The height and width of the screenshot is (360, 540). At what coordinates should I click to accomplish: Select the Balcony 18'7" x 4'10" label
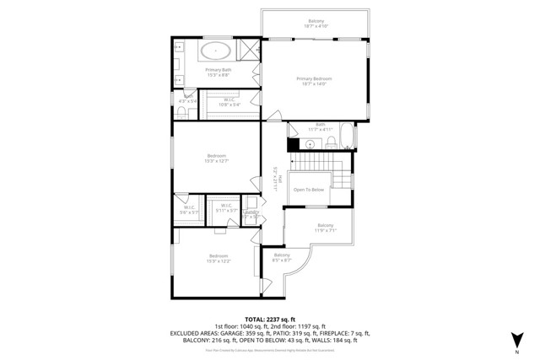point(315,24)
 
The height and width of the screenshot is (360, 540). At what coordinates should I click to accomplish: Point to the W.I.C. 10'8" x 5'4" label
point(229,102)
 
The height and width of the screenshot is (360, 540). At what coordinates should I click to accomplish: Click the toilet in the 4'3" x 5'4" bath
point(182,113)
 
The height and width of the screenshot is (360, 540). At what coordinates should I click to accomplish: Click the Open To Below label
point(309,190)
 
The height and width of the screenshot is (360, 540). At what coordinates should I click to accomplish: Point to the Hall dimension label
point(275,180)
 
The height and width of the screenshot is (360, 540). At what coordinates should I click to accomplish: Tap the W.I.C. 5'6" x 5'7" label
point(189,210)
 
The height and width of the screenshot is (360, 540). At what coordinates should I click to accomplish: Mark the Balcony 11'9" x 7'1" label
point(326,227)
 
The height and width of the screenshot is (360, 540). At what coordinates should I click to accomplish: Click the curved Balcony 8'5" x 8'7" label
point(282,257)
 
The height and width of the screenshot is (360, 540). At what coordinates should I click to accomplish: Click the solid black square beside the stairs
point(293,144)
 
